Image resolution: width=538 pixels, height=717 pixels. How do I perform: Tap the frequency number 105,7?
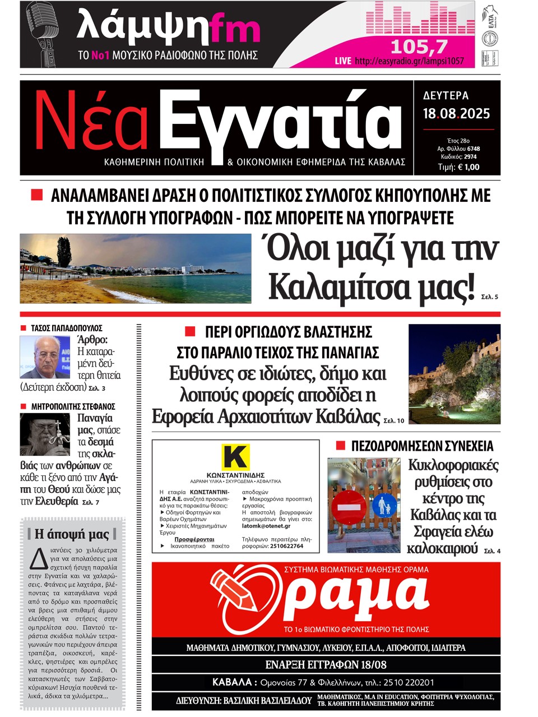coord(419,46)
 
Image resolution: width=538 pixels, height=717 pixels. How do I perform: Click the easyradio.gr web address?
coord(409,61)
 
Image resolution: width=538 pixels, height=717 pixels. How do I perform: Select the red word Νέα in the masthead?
coord(92,121)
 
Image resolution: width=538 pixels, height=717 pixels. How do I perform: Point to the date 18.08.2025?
coord(456,114)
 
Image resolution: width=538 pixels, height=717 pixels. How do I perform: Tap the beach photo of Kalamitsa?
coord(135,268)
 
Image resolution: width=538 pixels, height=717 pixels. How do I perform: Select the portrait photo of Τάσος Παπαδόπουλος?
coord(45,357)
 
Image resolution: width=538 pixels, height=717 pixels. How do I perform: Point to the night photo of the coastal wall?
coord(454,374)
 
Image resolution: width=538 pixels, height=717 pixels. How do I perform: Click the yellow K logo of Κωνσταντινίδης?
coord(235,457)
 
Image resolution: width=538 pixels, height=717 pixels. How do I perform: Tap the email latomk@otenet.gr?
coord(266,526)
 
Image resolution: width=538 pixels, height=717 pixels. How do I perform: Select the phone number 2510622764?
coord(281,545)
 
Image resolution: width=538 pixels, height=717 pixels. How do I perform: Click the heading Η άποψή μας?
coord(72,533)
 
